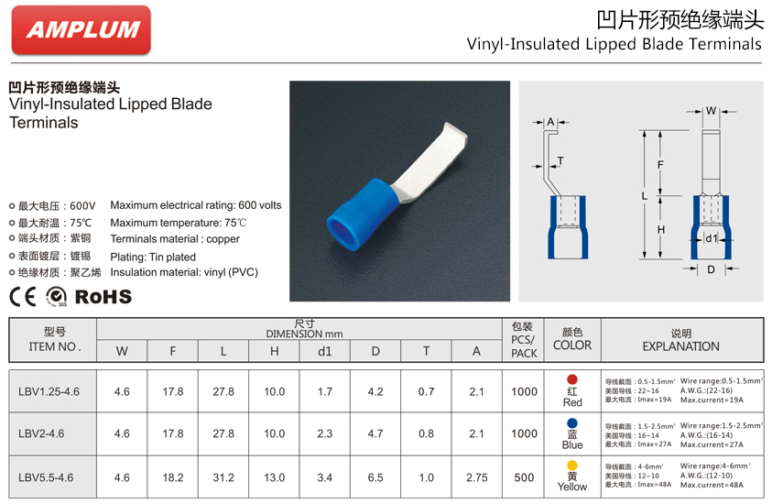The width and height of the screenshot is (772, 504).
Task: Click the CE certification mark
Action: click(x=23, y=296)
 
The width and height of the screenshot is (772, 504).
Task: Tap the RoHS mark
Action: click(x=103, y=296)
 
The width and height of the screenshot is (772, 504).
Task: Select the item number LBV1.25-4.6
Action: click(x=49, y=391)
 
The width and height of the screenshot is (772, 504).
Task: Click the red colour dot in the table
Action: click(x=572, y=378)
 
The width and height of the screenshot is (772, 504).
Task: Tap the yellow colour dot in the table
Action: click(x=572, y=465)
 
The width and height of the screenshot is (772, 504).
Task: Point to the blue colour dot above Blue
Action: click(x=572, y=422)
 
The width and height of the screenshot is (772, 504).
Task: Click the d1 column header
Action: click(x=325, y=351)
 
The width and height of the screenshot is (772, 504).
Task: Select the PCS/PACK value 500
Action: click(x=524, y=477)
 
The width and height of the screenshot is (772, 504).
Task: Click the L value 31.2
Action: click(x=223, y=477)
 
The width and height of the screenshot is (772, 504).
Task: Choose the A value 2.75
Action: click(x=476, y=477)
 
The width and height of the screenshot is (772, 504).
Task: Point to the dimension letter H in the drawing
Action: click(x=660, y=228)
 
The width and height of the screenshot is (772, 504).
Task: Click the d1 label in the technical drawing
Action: click(x=711, y=239)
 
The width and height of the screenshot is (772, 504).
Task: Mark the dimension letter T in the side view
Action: click(x=560, y=161)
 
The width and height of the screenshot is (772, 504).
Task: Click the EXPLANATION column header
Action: click(x=680, y=345)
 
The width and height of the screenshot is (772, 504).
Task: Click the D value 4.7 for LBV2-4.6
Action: click(x=375, y=433)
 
